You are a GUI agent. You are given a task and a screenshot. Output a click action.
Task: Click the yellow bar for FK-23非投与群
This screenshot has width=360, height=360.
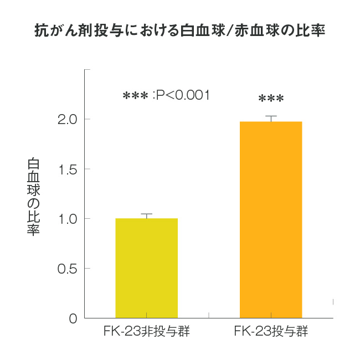[146, 268]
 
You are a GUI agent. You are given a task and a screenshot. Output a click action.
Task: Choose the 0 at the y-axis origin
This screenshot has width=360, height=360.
[73, 318]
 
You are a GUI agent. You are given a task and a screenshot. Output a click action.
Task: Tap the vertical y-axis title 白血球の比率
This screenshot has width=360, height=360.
[34, 197]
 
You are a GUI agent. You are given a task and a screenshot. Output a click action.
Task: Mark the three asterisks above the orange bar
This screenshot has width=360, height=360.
[271, 100]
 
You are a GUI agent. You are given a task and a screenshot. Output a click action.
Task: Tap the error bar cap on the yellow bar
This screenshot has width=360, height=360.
[146, 214]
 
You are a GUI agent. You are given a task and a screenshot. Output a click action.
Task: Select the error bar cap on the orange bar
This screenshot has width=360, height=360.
[271, 116]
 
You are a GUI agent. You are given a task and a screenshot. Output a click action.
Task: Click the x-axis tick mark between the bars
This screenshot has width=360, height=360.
[209, 315]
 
